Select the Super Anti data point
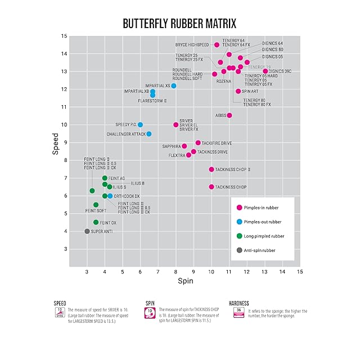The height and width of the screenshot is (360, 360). pos(87,231)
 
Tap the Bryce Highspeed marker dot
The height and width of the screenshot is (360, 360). pos(217,44)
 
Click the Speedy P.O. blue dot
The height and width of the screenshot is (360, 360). pos(140,124)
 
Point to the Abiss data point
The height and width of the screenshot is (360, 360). pos(229,115)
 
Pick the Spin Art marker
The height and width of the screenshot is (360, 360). pos(238,91)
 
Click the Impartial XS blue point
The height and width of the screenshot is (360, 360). pos(174,85)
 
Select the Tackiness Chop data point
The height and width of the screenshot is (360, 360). pos(211,187)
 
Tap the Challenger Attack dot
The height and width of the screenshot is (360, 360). pos(149,134)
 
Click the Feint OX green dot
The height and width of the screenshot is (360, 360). pos(96,222)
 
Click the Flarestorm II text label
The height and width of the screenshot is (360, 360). pos(152,101)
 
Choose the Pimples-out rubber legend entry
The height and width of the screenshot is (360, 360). pos(260,222)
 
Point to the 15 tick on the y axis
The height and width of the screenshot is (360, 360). pos(64,36)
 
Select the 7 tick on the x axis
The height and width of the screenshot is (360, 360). pos(158,271)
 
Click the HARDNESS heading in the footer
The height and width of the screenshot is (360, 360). pos(239,303)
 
